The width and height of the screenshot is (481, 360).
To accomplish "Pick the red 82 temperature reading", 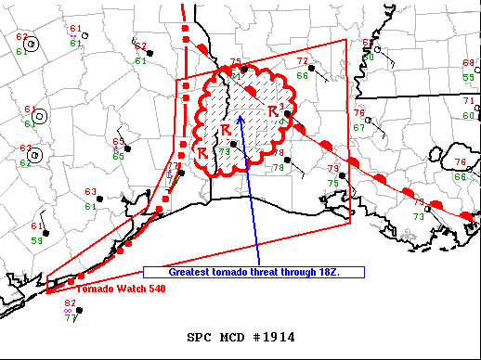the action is point(71,303).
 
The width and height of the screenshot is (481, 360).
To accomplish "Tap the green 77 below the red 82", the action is point(71,318).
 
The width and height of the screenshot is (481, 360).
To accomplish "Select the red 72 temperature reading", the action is point(302,61).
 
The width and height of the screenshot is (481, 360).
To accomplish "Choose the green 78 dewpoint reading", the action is point(279,167).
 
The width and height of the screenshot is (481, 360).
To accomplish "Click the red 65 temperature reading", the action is point(118,142).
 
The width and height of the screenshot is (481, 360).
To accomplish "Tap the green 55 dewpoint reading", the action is point(468,77).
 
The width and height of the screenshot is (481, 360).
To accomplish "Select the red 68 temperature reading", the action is point(468,63).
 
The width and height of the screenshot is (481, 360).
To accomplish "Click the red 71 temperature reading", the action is point(468,101).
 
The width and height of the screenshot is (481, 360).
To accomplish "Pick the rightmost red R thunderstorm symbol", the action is point(273,111).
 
